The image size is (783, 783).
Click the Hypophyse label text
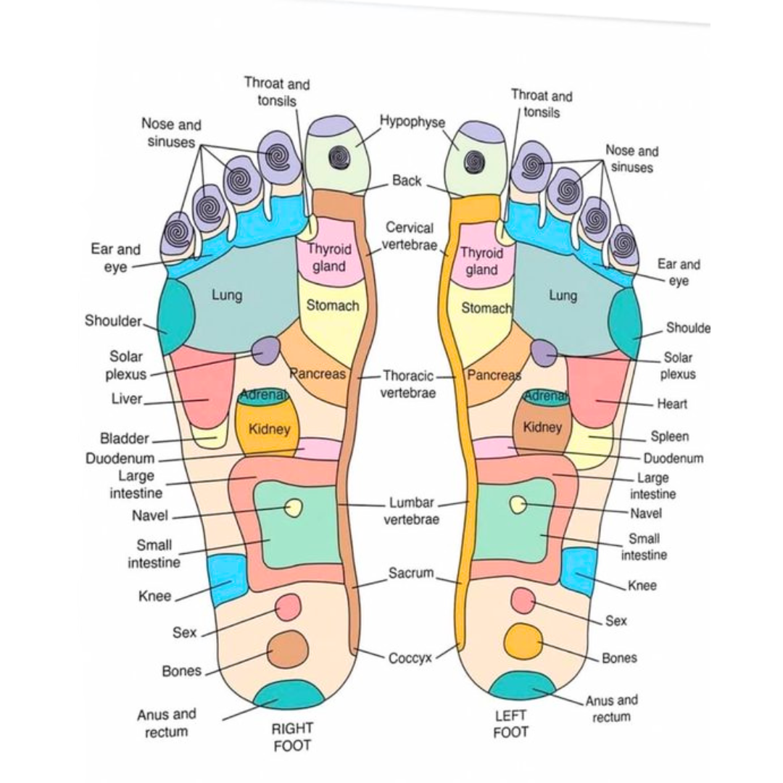(413, 122)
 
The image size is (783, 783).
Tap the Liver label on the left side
(127, 399)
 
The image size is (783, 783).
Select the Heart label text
(671, 404)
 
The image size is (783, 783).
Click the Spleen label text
(669, 436)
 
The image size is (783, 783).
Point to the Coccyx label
(410, 658)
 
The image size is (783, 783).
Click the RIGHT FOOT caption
(291, 737)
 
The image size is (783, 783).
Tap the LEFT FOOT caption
(510, 724)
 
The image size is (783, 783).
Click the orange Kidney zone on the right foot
(268, 429)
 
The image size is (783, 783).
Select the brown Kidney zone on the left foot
(542, 428)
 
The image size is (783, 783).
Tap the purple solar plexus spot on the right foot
(266, 350)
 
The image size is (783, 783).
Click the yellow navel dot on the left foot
(518, 505)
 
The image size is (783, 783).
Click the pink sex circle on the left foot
(522, 600)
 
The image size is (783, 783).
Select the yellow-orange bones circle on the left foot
(523, 640)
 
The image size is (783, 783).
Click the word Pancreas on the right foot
(317, 375)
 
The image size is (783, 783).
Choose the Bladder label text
(124, 439)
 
